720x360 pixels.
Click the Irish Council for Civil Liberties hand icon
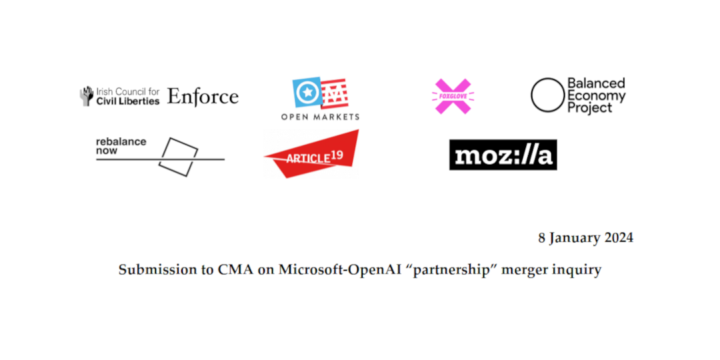click(x=86, y=96)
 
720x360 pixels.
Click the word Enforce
click(x=203, y=97)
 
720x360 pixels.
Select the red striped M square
click(x=334, y=93)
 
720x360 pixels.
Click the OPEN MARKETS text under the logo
click(x=320, y=117)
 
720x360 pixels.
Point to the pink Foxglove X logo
click(x=453, y=96)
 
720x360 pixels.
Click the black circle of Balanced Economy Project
click(x=547, y=95)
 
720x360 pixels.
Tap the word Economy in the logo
click(x=597, y=95)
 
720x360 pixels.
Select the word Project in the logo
click(x=590, y=107)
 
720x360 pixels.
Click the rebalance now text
click(x=121, y=145)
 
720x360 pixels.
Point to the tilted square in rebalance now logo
click(x=178, y=157)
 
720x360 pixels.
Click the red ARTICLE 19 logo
click(x=312, y=154)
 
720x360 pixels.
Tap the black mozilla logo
click(x=503, y=155)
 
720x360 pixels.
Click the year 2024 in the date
click(x=617, y=238)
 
